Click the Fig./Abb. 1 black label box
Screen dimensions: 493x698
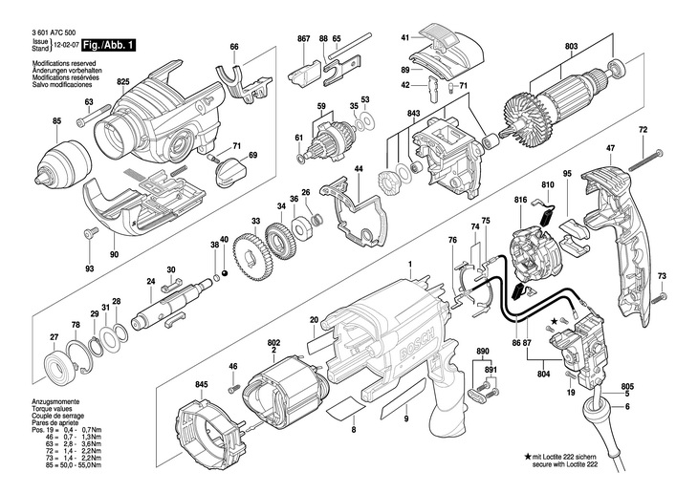point(108,45)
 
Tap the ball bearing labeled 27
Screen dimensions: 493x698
point(58,366)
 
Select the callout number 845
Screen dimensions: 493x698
point(201,384)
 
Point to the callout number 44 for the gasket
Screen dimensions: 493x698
point(359,169)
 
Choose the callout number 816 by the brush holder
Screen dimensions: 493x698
point(520,199)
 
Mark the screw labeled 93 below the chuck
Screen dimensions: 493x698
point(91,235)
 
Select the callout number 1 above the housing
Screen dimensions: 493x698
point(409,265)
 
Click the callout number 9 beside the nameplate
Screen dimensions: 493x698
point(404,419)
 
